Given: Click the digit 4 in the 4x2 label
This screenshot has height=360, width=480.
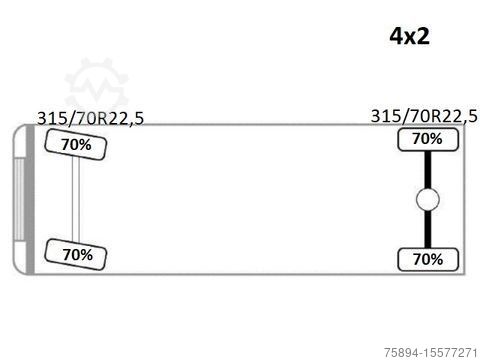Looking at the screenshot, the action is pos(397,36).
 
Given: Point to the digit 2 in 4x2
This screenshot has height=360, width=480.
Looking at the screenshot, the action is pos(423,36).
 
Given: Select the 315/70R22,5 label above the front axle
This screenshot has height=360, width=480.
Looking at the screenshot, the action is pos(90,119).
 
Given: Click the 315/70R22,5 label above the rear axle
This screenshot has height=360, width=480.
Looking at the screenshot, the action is pos(424,117).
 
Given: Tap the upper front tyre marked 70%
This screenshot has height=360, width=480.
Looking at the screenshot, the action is pos(76,144).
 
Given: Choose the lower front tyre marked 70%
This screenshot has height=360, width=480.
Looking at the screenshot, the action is pos(76,254).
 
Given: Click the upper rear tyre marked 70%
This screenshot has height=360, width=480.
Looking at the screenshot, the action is pos(428,140).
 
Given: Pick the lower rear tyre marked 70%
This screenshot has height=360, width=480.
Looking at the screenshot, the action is pos(428,259).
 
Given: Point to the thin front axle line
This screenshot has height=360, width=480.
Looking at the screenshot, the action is pos(76,199).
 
